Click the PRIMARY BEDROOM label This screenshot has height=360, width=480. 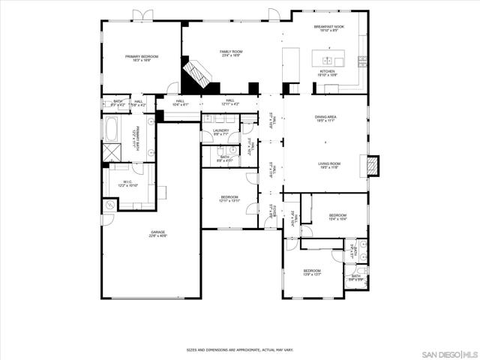[x=142, y=56]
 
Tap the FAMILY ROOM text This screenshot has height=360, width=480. [x=231, y=52]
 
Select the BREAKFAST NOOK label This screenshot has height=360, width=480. [x=328, y=27]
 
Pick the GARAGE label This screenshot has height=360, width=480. [x=157, y=232]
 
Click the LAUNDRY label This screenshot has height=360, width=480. [x=220, y=130]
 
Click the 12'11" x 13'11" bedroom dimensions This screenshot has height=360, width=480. [x=229, y=201]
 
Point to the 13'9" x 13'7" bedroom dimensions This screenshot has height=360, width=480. [x=312, y=274]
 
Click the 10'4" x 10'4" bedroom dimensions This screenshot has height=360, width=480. [x=337, y=219]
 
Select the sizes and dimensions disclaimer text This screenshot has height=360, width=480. [x=240, y=349]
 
